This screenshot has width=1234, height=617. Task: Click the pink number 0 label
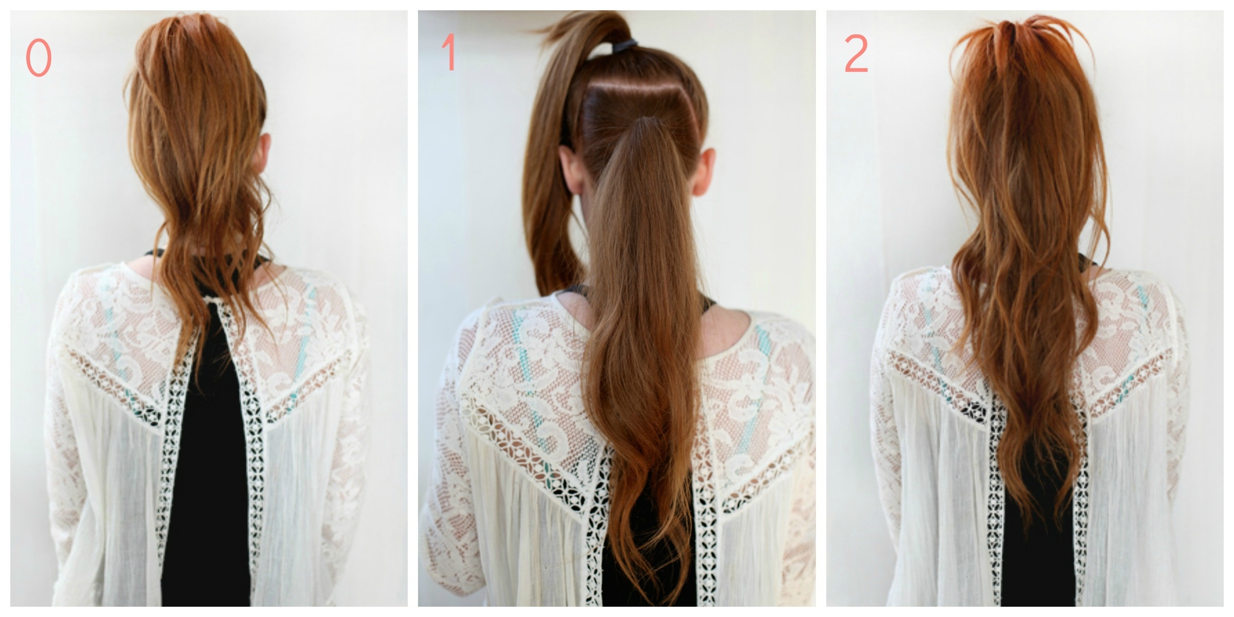[39, 58]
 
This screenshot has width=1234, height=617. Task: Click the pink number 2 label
[856, 53]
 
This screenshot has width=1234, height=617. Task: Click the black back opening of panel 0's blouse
[206, 463]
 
